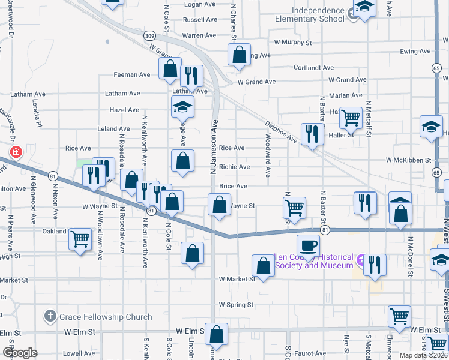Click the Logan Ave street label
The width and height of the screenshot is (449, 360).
[182, 4]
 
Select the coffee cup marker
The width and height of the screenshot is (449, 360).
[308, 245]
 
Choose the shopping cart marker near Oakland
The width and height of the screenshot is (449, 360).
[80, 239]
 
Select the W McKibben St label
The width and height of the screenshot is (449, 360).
[409, 160]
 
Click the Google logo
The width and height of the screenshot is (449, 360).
[20, 353]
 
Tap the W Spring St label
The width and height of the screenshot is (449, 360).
[236, 305]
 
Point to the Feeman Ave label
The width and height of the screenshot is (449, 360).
[132, 75]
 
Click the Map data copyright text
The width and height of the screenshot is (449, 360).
[424, 355]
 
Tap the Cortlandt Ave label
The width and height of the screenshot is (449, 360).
[310, 68]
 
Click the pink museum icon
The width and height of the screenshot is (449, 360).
[360, 260]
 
